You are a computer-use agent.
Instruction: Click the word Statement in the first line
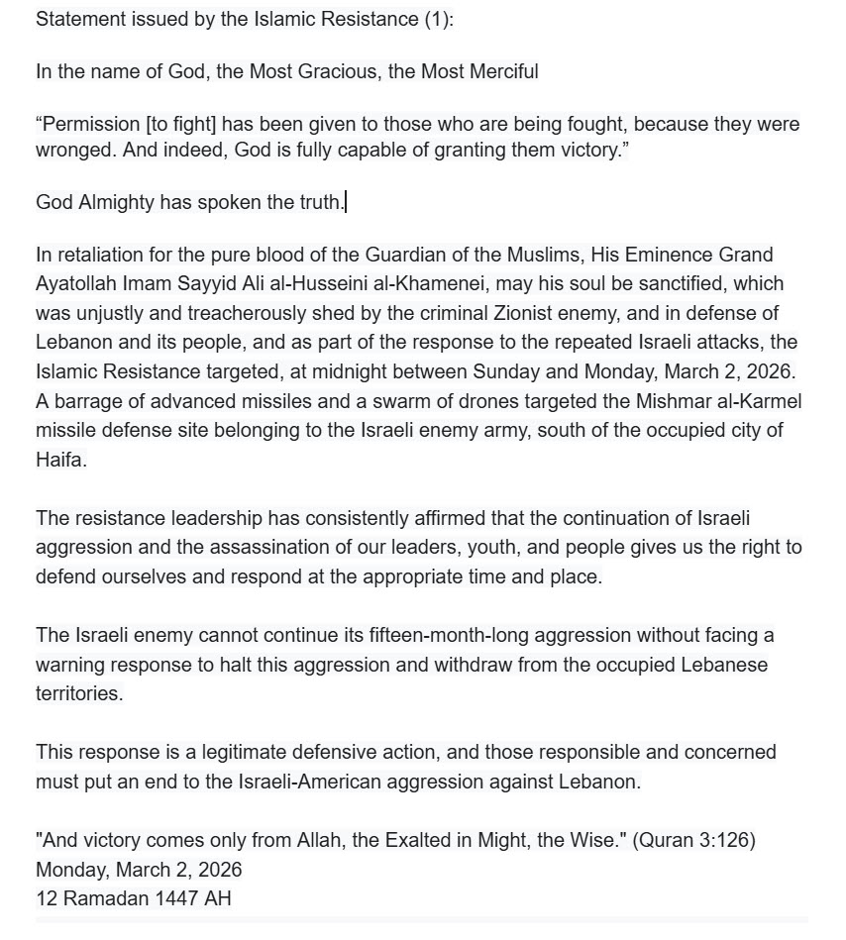point(76,20)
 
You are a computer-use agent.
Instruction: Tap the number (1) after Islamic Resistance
point(436,20)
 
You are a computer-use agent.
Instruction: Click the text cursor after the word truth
point(345,203)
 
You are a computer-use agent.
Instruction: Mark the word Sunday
point(505,371)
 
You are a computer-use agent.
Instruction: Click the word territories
point(79,693)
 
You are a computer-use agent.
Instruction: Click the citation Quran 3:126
point(692,840)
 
